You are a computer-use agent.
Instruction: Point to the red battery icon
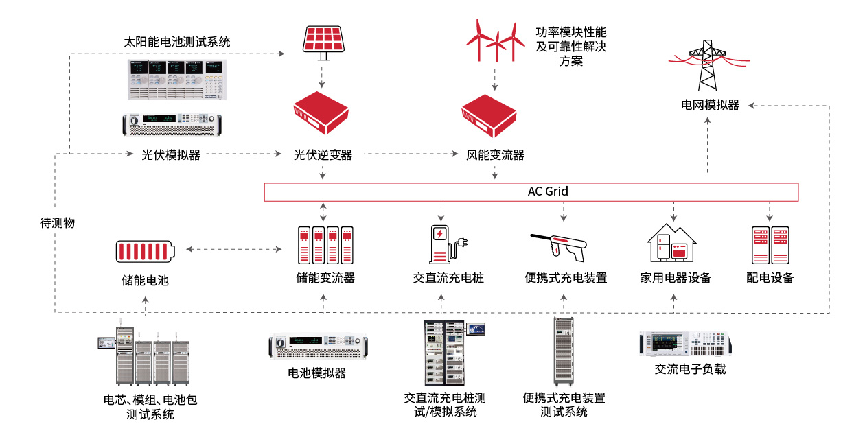point(145,250)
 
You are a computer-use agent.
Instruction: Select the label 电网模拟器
point(710,105)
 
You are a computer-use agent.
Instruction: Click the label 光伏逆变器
point(323,155)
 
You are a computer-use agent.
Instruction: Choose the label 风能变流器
point(496,155)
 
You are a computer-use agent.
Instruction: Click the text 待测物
point(57,223)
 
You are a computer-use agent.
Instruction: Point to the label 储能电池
point(145,280)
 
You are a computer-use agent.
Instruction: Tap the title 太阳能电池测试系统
point(177,42)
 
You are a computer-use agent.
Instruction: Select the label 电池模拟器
point(317,373)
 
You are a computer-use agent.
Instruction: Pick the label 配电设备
point(770,278)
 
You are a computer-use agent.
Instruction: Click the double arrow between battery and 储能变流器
point(235,250)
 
